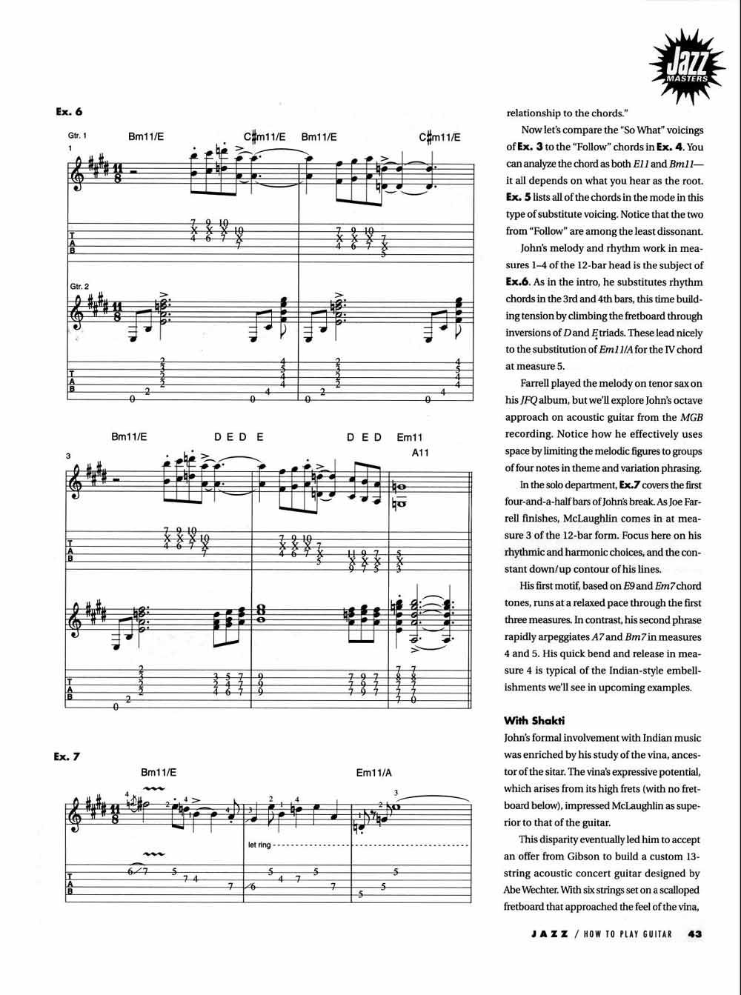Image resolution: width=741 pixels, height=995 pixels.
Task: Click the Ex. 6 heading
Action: coord(68,112)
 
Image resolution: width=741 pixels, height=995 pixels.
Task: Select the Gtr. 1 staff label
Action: coord(78,136)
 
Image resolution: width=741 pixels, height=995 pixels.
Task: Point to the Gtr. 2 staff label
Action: coord(78,286)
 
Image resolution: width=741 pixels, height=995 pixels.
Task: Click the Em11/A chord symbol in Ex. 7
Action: coord(373,773)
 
